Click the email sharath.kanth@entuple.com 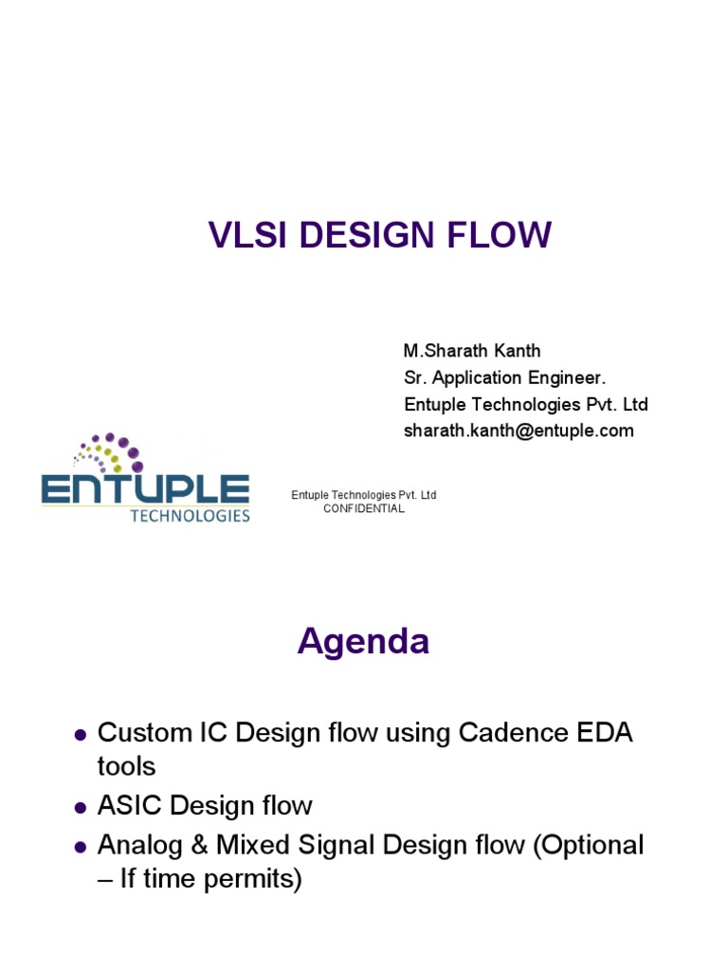[519, 431]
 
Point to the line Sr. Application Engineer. [504, 378]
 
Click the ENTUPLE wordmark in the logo [145, 490]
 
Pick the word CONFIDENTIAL [364, 509]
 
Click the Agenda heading [363, 642]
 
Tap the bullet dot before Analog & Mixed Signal [81, 846]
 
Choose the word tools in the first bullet [126, 766]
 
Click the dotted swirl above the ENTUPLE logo [111, 453]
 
